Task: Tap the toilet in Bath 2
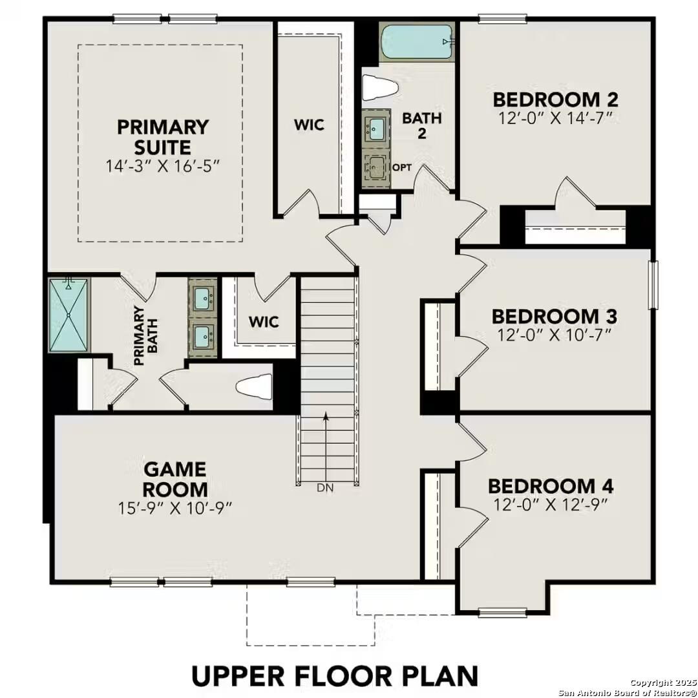pyautogui.click(x=378, y=87)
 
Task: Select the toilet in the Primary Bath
pyautogui.click(x=255, y=386)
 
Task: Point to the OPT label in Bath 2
pyautogui.click(x=402, y=167)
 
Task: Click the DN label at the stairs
pyautogui.click(x=326, y=489)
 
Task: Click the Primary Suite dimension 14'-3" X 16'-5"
pyautogui.click(x=163, y=165)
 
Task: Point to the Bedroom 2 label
pyautogui.click(x=555, y=100)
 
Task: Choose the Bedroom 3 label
pyautogui.click(x=554, y=317)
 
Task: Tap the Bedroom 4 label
pyautogui.click(x=551, y=486)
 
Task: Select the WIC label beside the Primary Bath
pyautogui.click(x=264, y=321)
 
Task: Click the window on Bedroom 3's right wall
pyautogui.click(x=652, y=284)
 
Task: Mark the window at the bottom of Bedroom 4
pyautogui.click(x=502, y=611)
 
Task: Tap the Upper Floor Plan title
pyautogui.click(x=335, y=675)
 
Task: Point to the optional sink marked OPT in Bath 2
pyautogui.click(x=375, y=170)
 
